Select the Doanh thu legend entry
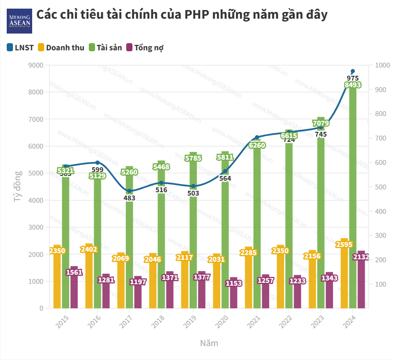[x=61, y=47]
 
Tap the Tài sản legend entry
[x=105, y=47]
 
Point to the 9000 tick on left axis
[x=35, y=65]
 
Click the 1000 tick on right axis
[x=381, y=65]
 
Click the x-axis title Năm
[x=209, y=343]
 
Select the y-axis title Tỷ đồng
[x=18, y=187]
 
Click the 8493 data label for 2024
[x=353, y=85]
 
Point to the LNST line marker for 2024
[x=353, y=71]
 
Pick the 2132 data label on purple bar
[x=361, y=257]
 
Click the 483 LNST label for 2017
[x=130, y=198]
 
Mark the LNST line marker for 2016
[x=97, y=163]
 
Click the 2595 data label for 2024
[x=345, y=244]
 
